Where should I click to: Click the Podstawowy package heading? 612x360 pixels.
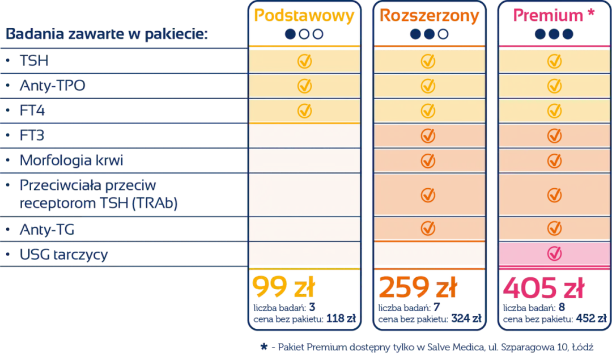pyautogui.click(x=304, y=15)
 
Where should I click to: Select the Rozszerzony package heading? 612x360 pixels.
pyautogui.click(x=429, y=15)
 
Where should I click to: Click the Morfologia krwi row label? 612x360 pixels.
pyautogui.click(x=71, y=160)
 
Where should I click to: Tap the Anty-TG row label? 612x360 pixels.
pyautogui.click(x=47, y=230)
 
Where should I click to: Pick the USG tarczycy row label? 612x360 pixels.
pyautogui.click(x=63, y=255)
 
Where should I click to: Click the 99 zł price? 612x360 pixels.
pyautogui.click(x=284, y=289)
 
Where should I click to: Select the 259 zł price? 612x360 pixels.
pyautogui.click(x=416, y=289)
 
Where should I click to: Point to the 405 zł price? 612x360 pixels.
pyautogui.click(x=543, y=289)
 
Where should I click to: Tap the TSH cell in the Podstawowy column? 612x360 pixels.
pyautogui.click(x=304, y=61)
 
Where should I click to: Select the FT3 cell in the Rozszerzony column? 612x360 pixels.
pyautogui.click(x=429, y=136)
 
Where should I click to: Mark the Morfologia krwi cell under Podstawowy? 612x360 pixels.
pyautogui.click(x=304, y=160)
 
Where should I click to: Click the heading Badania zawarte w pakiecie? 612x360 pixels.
pyautogui.click(x=106, y=34)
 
